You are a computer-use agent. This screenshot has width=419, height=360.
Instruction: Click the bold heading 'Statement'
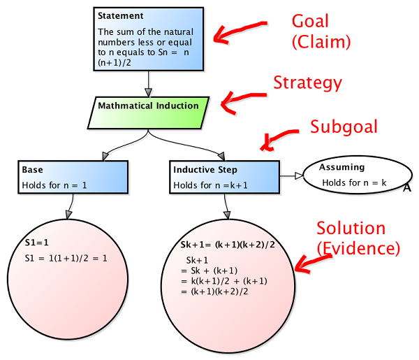121,16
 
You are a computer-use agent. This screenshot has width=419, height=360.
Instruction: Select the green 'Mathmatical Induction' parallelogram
148,113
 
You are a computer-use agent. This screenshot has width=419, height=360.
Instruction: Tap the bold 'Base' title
32,170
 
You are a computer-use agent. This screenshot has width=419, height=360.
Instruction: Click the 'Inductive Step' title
205,170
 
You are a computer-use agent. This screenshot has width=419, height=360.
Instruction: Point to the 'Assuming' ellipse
358,175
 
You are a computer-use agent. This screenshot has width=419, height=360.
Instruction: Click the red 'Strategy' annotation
307,83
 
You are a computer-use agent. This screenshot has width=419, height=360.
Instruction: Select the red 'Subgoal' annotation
344,127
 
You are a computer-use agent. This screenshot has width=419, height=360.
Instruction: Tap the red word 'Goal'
310,21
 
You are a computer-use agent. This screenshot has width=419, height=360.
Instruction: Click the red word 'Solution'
351,228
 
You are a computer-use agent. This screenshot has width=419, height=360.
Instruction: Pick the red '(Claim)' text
321,42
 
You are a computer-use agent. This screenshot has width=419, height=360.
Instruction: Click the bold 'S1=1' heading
37,243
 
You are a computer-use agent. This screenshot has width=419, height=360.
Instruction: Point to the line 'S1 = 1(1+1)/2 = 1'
66,258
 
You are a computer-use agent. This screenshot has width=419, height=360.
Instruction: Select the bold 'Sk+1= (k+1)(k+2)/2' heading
228,245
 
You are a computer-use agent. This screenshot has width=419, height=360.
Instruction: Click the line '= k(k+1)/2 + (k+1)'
224,281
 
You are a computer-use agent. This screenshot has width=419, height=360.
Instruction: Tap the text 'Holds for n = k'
354,182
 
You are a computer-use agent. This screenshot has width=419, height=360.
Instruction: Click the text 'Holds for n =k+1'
211,185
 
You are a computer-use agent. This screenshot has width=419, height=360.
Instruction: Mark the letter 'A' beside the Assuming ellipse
406,188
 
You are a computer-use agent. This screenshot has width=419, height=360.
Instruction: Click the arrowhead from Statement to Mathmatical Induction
149,92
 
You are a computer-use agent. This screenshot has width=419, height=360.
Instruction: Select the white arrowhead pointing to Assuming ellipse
299,175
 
